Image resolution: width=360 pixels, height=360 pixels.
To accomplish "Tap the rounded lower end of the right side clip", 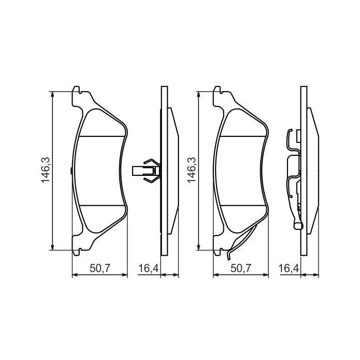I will pos(297,225).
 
